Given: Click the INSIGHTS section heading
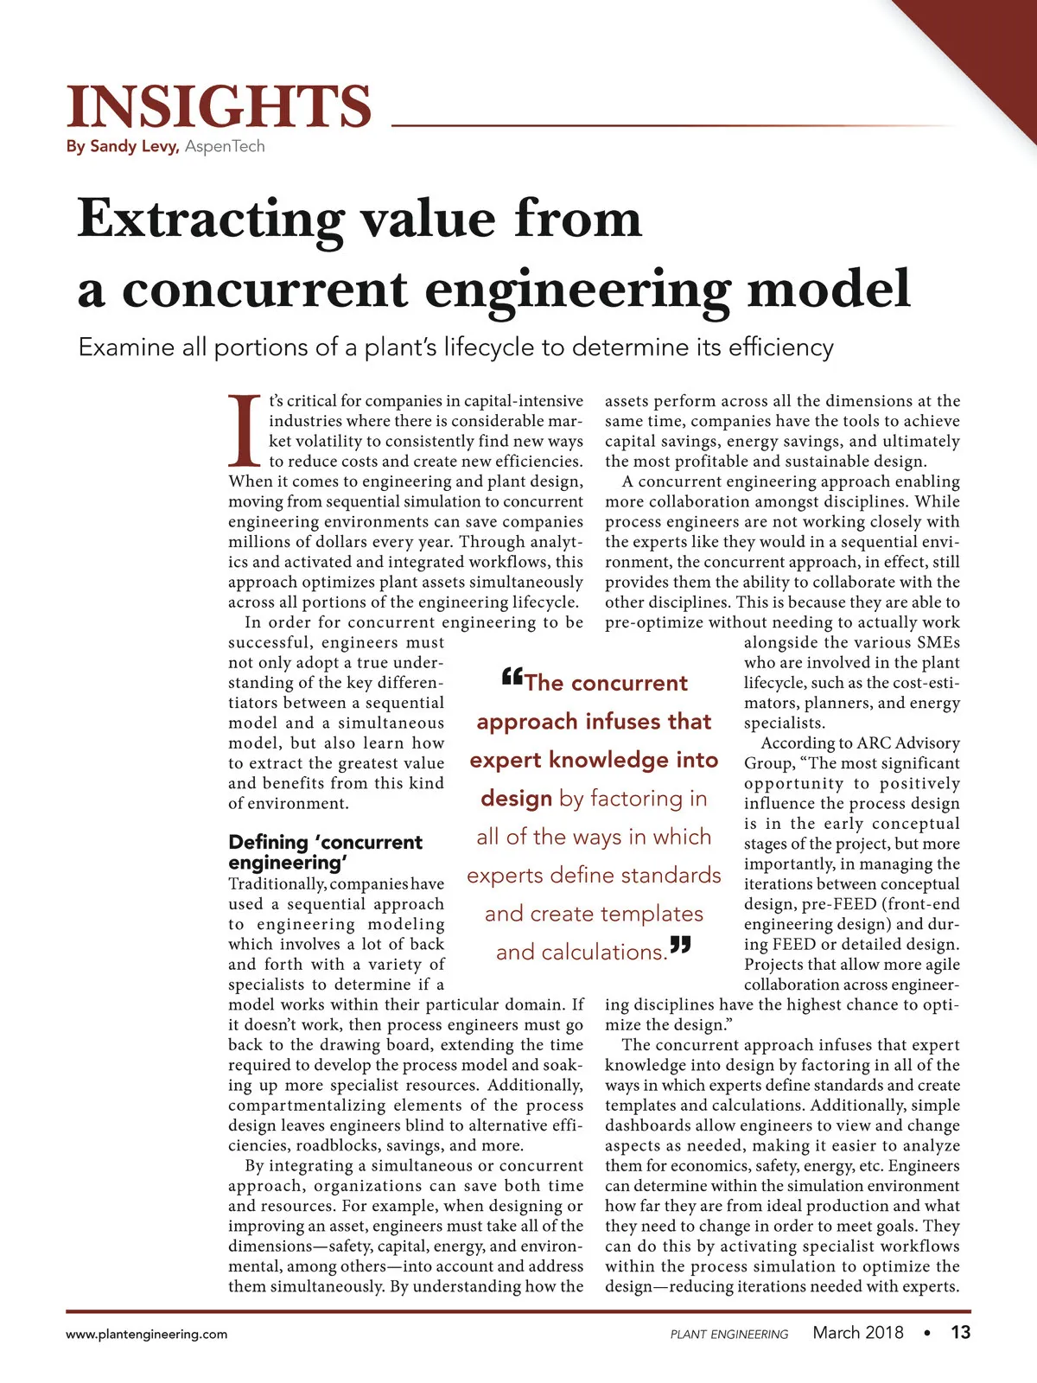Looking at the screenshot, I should click(219, 107).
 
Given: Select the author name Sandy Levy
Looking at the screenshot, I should click(134, 146).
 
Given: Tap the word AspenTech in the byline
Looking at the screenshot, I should click(225, 146).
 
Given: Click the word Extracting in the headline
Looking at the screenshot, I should click(211, 220).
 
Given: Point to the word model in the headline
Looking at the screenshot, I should click(829, 289).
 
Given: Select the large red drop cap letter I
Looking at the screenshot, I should click(245, 430).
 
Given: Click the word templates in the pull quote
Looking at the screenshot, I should click(652, 914).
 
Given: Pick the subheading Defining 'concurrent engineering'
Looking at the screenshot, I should click(325, 852).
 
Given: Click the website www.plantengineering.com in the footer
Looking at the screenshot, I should click(147, 1334).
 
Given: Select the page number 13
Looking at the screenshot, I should click(960, 1332).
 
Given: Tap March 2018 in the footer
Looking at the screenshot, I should click(857, 1333).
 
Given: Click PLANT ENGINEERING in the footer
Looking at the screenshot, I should click(729, 1335).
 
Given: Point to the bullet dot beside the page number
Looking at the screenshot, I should click(926, 1333).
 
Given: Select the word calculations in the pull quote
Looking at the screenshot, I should click(581, 953).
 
